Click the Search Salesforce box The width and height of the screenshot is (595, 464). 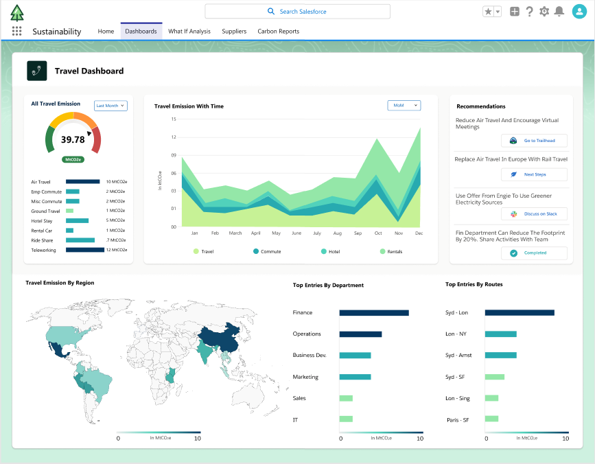coord(297,12)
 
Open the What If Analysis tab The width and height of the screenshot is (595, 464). coord(189,32)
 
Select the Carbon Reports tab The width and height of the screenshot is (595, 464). coord(278,32)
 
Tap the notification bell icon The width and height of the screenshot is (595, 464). coord(559,12)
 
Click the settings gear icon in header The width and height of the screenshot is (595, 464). coord(544,12)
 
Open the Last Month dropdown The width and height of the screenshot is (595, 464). coord(110,106)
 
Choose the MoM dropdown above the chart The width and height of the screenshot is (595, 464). coord(404,106)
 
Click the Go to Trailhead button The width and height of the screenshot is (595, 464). coord(534,141)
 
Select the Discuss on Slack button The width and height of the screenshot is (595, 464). coord(534,214)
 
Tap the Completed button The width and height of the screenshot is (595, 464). coord(534,253)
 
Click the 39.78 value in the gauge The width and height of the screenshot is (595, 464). coord(73,139)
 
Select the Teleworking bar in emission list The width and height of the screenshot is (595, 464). coord(84,250)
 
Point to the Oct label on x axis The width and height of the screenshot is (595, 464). coord(378,233)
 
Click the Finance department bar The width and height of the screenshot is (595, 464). coord(373,313)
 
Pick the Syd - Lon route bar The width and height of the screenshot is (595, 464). coord(519,313)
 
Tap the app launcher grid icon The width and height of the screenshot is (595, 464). coord(17,32)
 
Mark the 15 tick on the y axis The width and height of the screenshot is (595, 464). coord(174,119)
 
